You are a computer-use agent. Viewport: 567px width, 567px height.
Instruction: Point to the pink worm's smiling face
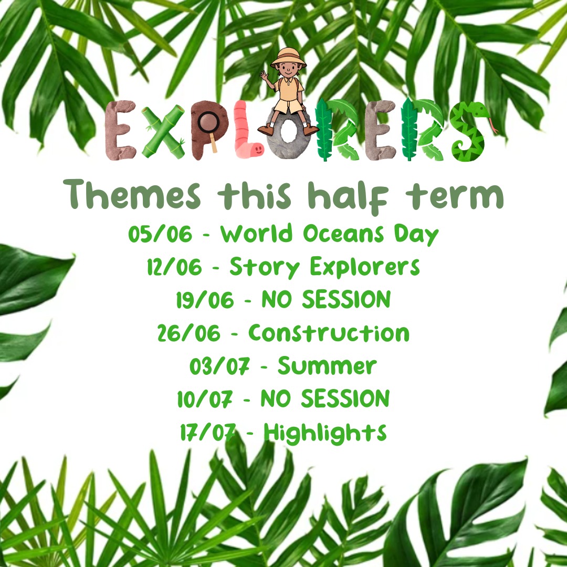(x=257, y=149)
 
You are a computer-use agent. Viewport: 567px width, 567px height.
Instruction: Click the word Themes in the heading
(x=132, y=195)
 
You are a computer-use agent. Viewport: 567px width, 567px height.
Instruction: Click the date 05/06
(x=160, y=234)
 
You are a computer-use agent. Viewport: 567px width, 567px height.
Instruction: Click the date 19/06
(x=205, y=300)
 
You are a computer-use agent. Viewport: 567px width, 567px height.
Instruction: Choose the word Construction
(x=329, y=333)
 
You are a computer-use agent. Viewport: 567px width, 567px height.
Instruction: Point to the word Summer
(x=327, y=366)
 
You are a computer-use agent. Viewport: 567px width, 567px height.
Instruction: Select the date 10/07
(x=205, y=400)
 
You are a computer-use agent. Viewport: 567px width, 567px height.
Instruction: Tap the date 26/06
(x=189, y=333)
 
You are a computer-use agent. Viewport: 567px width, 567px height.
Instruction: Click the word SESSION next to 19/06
(x=346, y=300)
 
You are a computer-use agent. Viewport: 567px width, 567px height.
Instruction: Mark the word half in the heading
(x=348, y=196)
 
